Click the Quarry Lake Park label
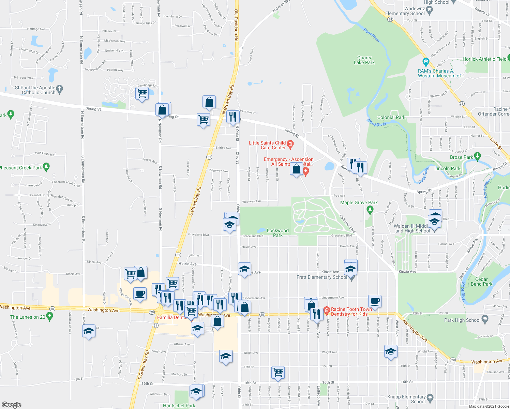(364, 60)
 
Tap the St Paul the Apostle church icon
(60, 90)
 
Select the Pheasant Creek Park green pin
(47, 167)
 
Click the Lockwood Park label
(277, 233)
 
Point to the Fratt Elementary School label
(321, 277)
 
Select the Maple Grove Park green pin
(370, 210)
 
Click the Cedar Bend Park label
(481, 282)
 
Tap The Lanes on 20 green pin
(50, 316)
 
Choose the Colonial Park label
(391, 117)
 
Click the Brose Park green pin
(477, 156)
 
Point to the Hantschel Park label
(179, 406)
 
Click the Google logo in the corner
(11, 405)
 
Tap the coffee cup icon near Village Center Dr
(139, 294)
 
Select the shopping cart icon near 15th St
(278, 372)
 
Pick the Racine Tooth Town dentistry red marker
(326, 310)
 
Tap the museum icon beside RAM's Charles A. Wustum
(425, 62)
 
